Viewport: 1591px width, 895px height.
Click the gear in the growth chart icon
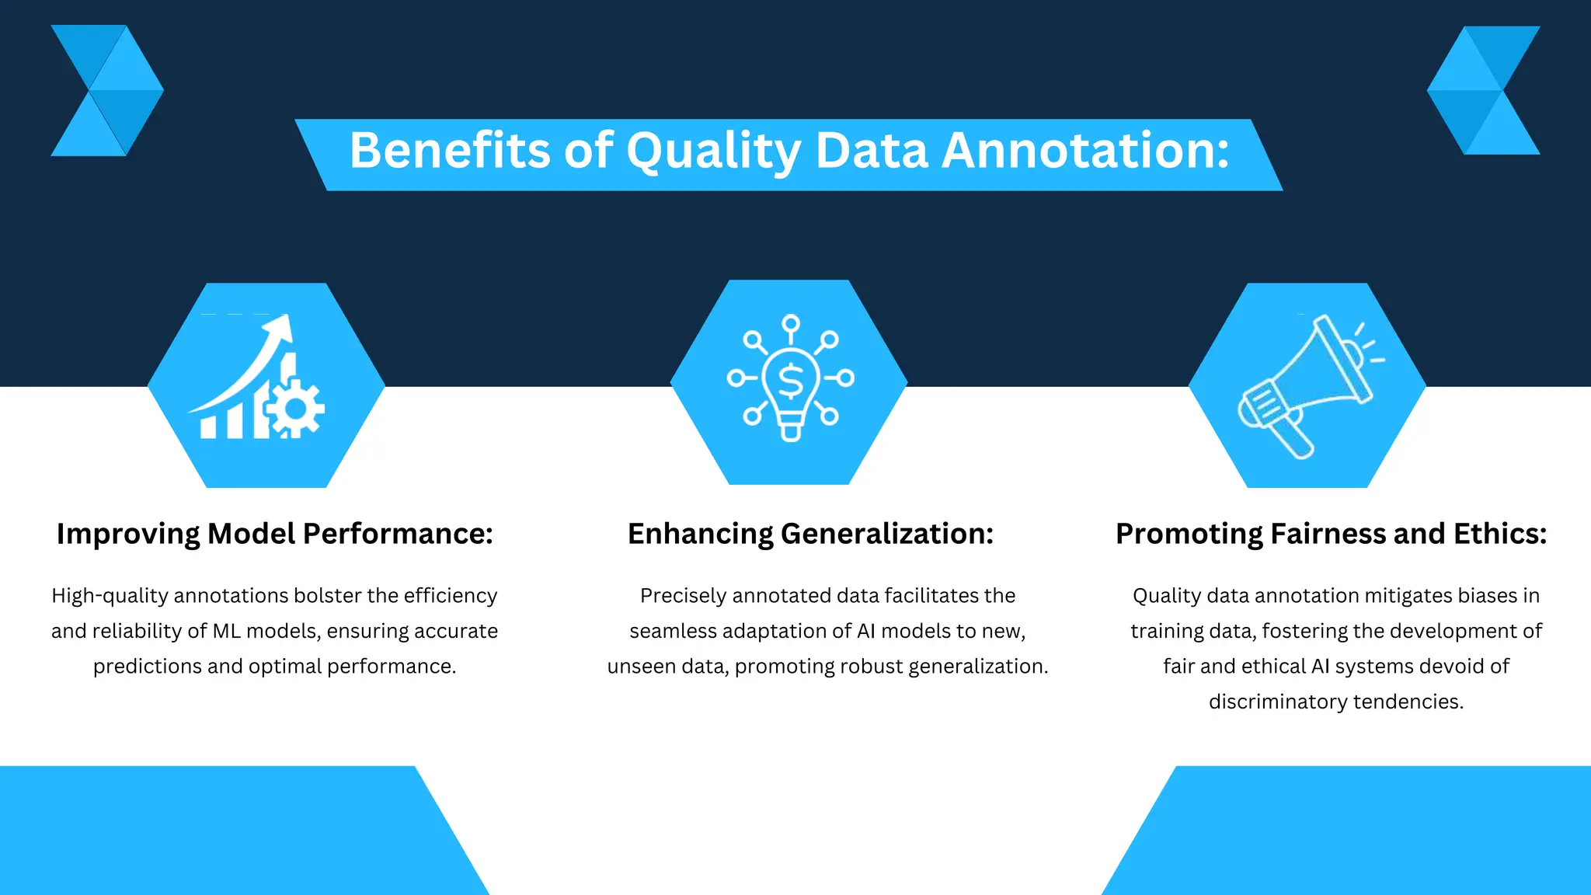coord(295,408)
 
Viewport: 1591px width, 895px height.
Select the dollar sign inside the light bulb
coord(791,381)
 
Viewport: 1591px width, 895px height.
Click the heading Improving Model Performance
coord(275,534)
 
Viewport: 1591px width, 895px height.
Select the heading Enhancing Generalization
coord(810,534)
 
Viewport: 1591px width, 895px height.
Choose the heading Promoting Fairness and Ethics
coord(1331,534)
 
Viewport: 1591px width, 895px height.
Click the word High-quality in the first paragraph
coord(110,596)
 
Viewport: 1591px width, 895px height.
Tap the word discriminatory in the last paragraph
coord(1278,702)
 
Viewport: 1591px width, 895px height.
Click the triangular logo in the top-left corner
coord(106,91)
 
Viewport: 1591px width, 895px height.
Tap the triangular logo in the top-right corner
coord(1484,91)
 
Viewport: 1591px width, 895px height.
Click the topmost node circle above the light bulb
coord(791,322)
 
